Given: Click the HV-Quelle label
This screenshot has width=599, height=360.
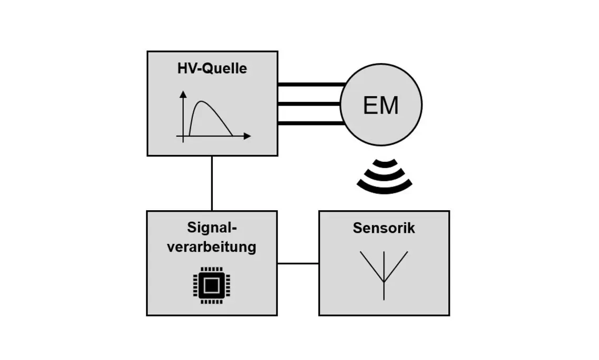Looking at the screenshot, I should (x=212, y=69).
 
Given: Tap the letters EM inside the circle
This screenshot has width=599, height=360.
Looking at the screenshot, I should (x=381, y=106).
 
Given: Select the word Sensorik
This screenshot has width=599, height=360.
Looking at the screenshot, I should (x=384, y=228).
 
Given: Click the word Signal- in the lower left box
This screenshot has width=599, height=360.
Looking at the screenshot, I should (x=212, y=228).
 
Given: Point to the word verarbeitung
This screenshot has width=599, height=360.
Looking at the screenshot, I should (x=212, y=246).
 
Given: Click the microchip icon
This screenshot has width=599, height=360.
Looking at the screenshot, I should (x=211, y=285).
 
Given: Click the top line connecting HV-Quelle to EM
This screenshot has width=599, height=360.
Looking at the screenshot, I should (x=310, y=84).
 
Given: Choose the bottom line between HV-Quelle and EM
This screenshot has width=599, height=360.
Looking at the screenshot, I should (x=310, y=123).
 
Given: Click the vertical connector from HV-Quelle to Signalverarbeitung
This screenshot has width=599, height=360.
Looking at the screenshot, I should (x=212, y=183).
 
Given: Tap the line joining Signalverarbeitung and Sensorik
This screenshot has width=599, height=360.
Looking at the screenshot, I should (x=298, y=263).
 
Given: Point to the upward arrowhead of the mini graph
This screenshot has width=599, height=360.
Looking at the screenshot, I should (x=183, y=94).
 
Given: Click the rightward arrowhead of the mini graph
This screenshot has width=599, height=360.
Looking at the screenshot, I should (x=247, y=137).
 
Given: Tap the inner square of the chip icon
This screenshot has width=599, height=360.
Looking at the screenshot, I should (x=211, y=285).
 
